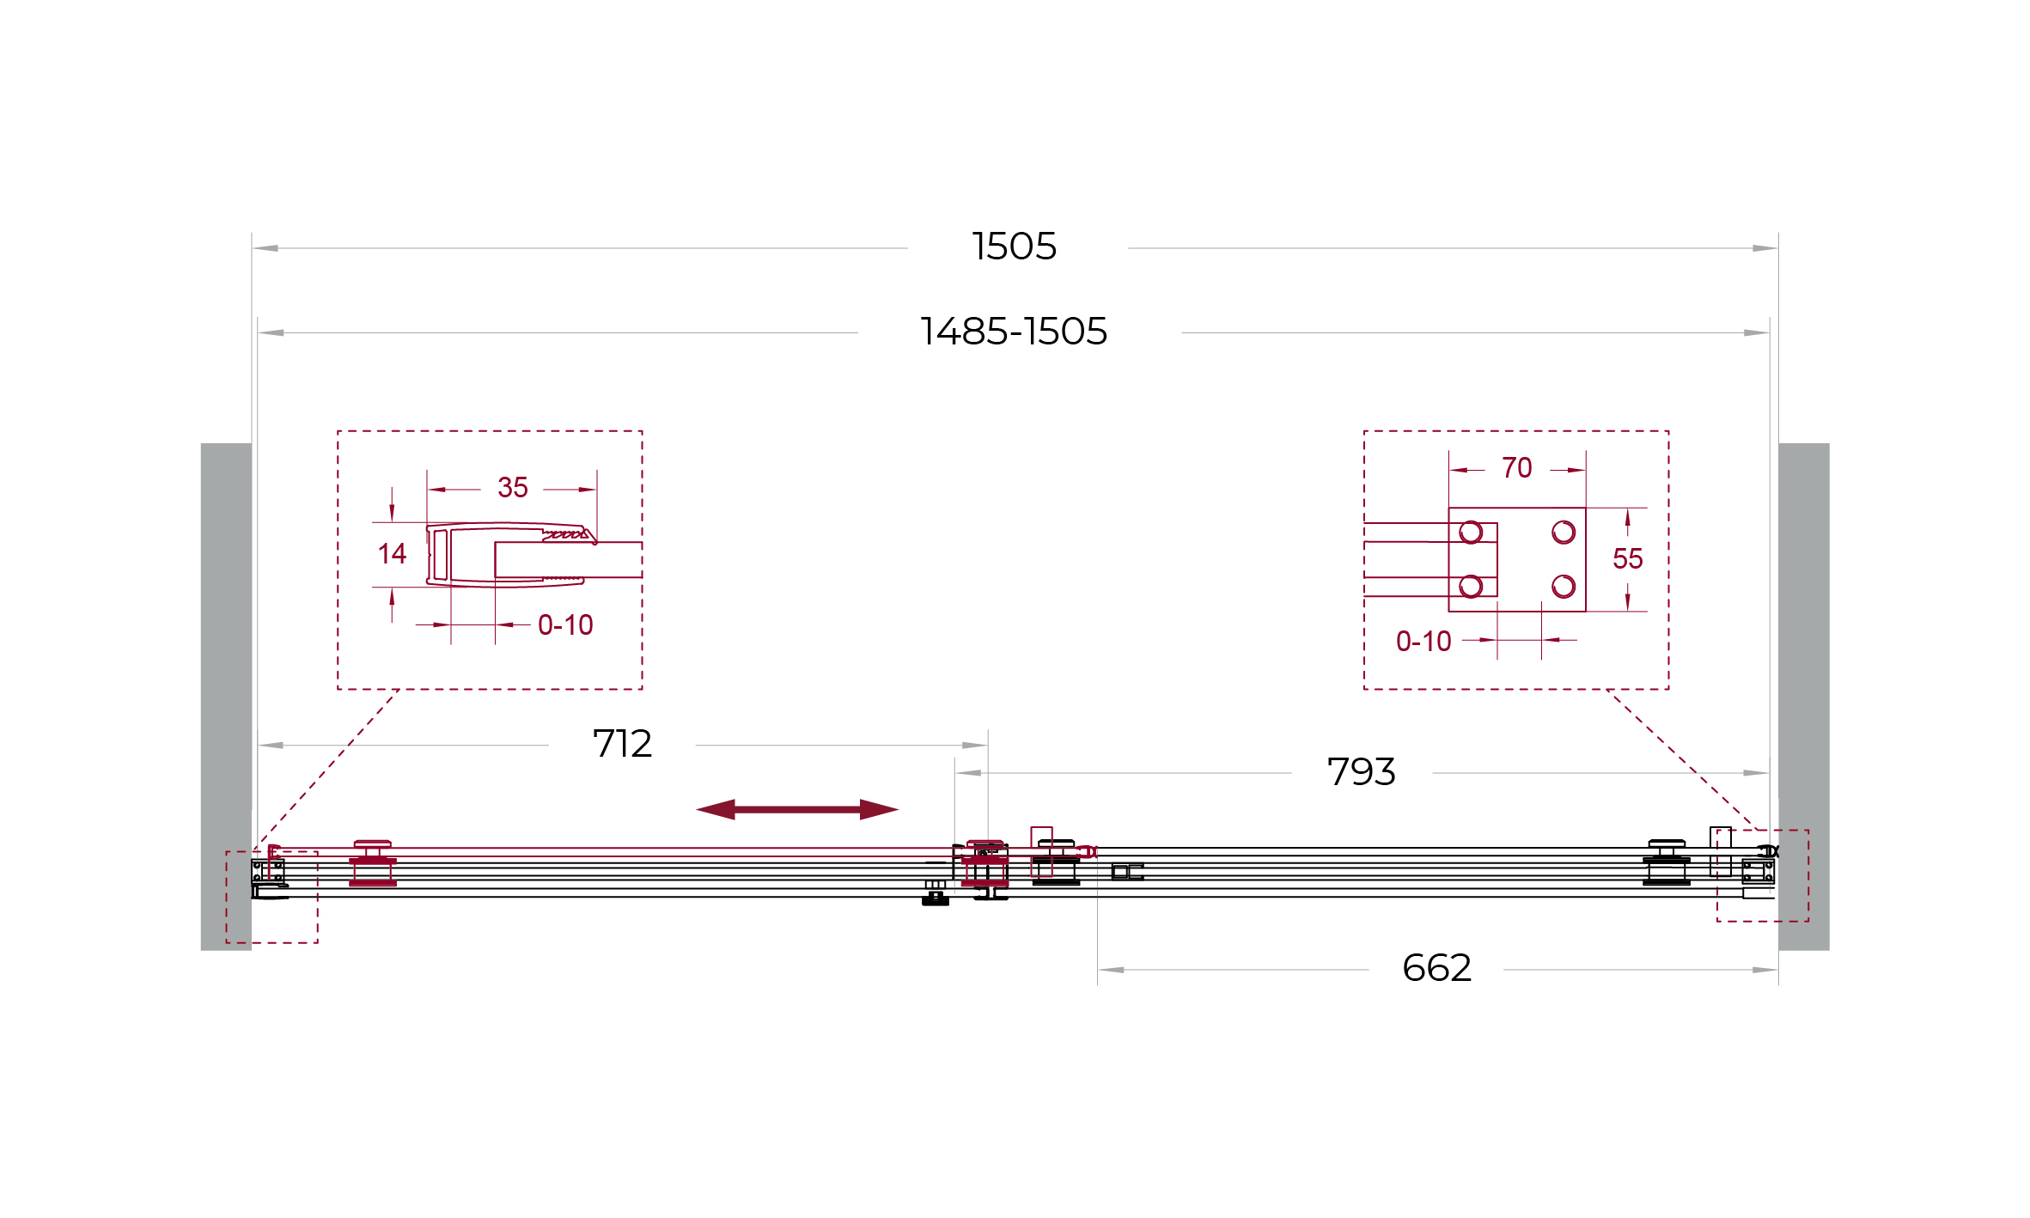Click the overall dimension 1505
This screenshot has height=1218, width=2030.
(x=1014, y=247)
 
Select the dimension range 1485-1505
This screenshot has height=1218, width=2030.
(x=1014, y=332)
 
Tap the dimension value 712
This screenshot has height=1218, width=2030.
(x=622, y=744)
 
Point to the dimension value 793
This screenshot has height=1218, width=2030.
(x=1361, y=772)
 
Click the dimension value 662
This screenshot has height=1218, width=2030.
(x=1436, y=968)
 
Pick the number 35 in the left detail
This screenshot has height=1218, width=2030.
(x=513, y=488)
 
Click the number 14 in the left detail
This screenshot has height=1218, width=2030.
(x=392, y=554)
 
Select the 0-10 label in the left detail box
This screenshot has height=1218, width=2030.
(x=565, y=625)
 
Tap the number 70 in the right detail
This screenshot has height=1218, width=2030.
(x=1517, y=468)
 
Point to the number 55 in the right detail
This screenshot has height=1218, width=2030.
(x=1628, y=559)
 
